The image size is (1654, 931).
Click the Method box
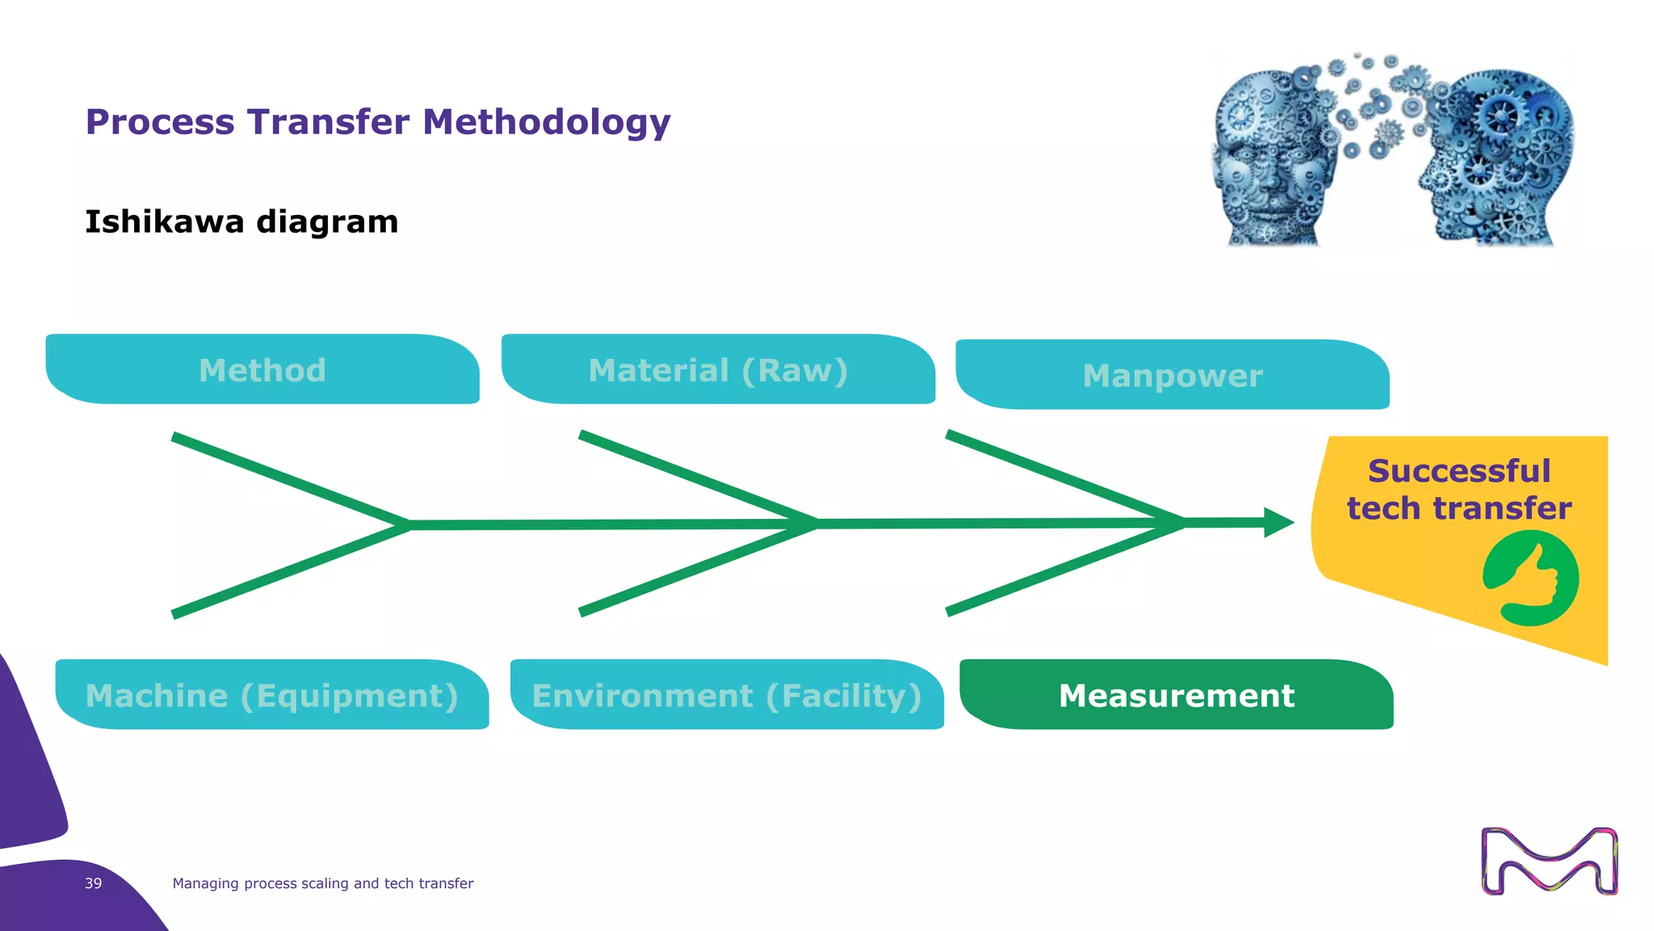262,370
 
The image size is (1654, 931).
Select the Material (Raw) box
718,370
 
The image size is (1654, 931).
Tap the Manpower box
1173,375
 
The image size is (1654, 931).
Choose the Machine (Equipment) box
272,695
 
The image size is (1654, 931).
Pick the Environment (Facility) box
727,695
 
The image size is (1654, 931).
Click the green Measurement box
1177,695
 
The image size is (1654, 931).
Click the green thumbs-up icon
1530,579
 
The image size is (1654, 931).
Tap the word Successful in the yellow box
1459,471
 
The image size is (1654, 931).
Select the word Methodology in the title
547,122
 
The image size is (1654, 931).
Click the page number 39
94,883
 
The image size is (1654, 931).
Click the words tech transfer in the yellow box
1459,508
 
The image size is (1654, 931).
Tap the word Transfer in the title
329,122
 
